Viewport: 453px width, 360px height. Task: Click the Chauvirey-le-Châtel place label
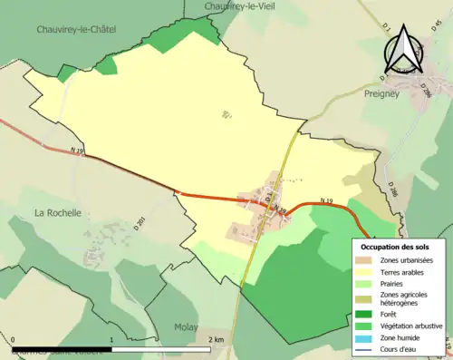pyautogui.click(x=75, y=29)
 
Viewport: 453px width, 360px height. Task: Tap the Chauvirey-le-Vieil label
pyautogui.click(x=246, y=5)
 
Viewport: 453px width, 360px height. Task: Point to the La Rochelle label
pyautogui.click(x=58, y=212)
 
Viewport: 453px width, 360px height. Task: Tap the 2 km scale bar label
pyautogui.click(x=215, y=340)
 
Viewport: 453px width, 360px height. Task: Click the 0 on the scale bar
pyautogui.click(x=14, y=340)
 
